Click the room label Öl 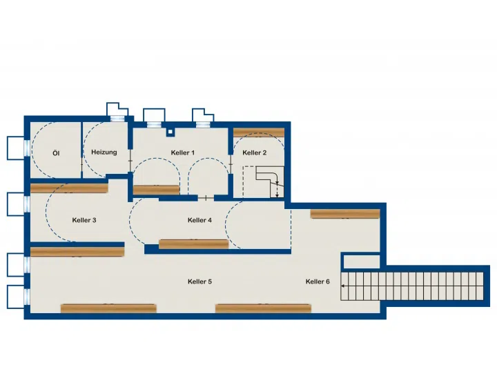tap(56, 153)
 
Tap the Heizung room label tap(104, 152)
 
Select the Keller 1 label tap(182, 152)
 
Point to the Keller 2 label tap(255, 152)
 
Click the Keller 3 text tap(84, 220)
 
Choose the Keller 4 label tap(199, 220)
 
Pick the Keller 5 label tap(199, 281)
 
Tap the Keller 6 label tap(318, 281)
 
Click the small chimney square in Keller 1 tap(170, 132)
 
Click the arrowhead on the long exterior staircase tap(343, 286)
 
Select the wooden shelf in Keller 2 tap(259, 132)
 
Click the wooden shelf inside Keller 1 tap(156, 190)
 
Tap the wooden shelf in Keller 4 tap(194, 244)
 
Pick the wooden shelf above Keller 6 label tap(345, 214)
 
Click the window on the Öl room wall tap(27, 148)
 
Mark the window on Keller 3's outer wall tap(27, 204)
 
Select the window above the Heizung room tap(117, 119)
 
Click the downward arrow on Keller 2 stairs tap(277, 190)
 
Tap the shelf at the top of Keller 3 tap(69, 188)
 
